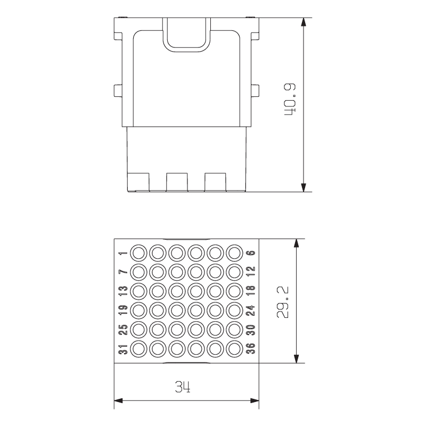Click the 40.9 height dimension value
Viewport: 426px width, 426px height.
coord(290,99)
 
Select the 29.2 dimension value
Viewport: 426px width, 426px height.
coord(283,302)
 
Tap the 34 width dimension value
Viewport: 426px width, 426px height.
coord(183,387)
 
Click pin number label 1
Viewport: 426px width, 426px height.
coord(123,253)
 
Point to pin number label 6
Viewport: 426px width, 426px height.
coord(251,253)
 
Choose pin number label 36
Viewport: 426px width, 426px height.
coord(251,349)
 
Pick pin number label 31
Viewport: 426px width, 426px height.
coord(123,349)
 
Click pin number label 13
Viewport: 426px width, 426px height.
coord(123,291)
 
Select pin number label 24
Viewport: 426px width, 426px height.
coord(251,310)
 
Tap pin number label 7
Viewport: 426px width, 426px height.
coord(123,272)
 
